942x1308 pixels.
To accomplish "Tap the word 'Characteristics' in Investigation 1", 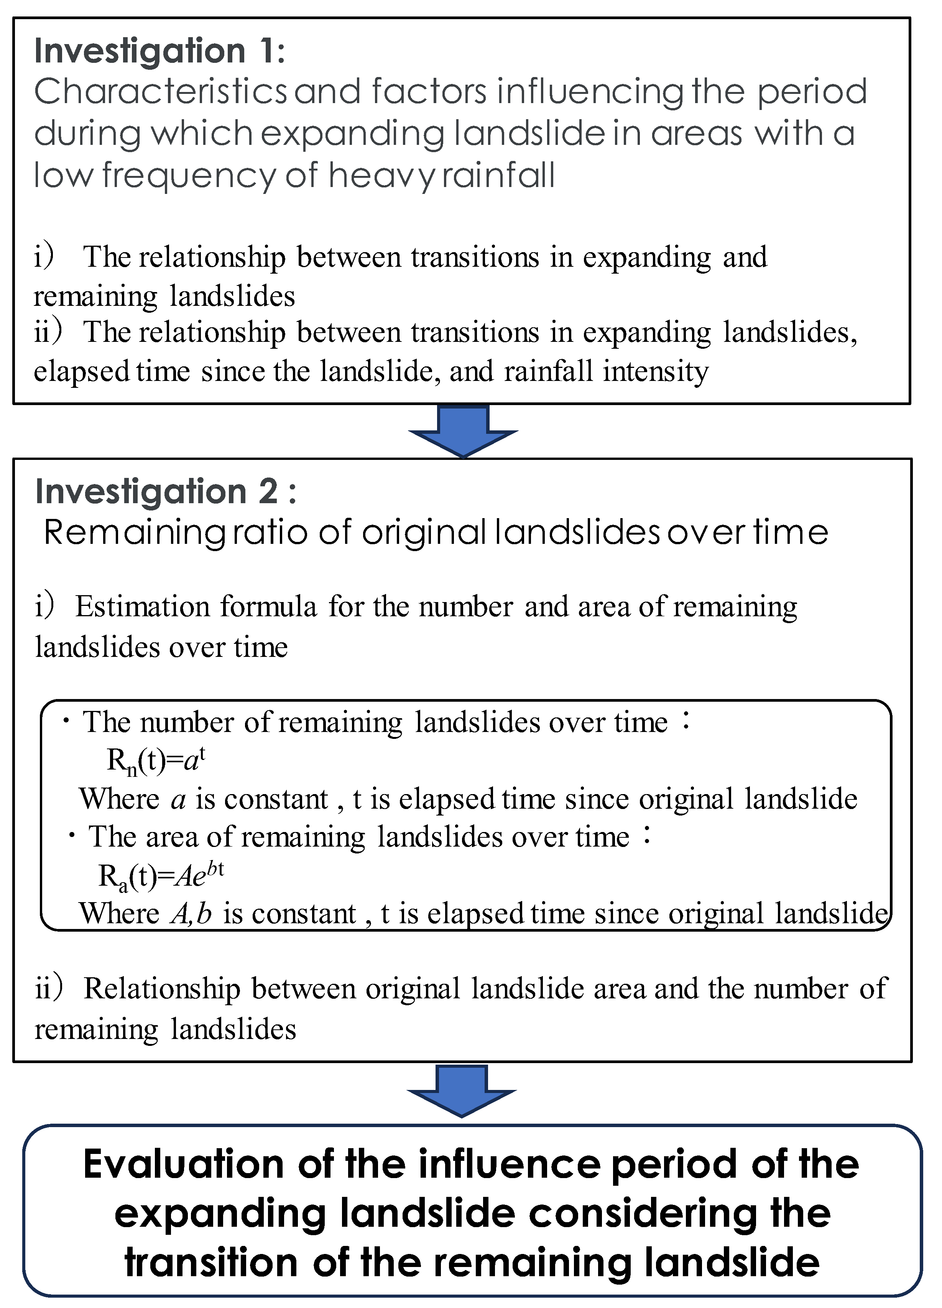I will point(160,92).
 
